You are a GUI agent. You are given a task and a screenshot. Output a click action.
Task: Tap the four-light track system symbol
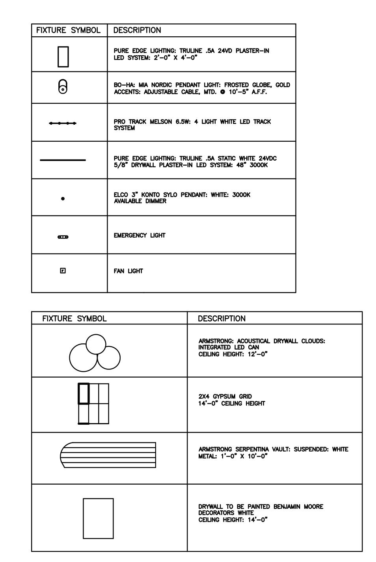(63, 124)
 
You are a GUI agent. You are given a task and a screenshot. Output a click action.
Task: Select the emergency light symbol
(63, 237)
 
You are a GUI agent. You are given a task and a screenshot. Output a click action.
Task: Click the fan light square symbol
(63, 271)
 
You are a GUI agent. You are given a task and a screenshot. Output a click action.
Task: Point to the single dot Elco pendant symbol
(63, 199)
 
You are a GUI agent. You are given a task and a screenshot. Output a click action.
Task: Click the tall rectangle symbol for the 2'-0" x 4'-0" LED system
(63, 57)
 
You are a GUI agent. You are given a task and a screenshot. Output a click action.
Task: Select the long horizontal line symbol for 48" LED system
(63, 160)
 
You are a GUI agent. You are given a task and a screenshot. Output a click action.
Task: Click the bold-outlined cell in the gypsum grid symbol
(84, 393)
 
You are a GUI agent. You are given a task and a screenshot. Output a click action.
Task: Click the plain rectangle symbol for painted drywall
(98, 518)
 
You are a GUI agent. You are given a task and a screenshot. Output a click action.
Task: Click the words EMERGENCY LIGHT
(137, 236)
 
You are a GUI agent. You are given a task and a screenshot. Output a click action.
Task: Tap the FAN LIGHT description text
(128, 271)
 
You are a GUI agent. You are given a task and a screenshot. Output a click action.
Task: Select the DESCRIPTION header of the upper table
(137, 30)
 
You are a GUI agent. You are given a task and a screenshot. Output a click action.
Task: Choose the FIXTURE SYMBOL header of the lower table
(74, 318)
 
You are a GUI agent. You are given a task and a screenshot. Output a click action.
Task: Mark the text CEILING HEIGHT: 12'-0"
(233, 354)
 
